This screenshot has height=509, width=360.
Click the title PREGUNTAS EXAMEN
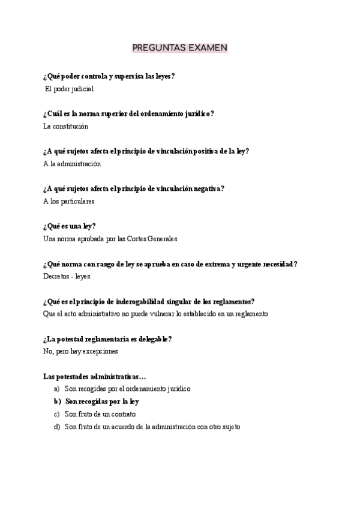pyautogui.click(x=179, y=47)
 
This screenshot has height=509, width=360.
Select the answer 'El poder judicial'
pyautogui.click(x=70, y=89)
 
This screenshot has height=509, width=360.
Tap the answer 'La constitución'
pyautogui.click(x=66, y=126)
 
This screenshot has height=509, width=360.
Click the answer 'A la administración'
pyautogui.click(x=72, y=163)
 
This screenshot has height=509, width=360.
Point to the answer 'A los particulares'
pyautogui.click(x=69, y=201)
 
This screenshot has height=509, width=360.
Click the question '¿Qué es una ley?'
pyautogui.click(x=70, y=226)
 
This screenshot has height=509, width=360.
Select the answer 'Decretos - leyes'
pyautogui.click(x=67, y=277)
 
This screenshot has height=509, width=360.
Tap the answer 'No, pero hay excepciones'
pyautogui.click(x=81, y=351)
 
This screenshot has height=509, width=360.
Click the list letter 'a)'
pyautogui.click(x=57, y=389)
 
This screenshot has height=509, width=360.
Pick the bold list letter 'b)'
pyautogui.click(x=58, y=402)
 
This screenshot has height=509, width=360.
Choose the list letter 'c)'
pyautogui.click(x=57, y=414)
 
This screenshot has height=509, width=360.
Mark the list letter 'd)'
pyautogui.click(x=57, y=427)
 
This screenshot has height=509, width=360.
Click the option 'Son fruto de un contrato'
pyautogui.click(x=100, y=414)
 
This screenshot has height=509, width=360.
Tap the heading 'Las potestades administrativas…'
pyautogui.click(x=94, y=376)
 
